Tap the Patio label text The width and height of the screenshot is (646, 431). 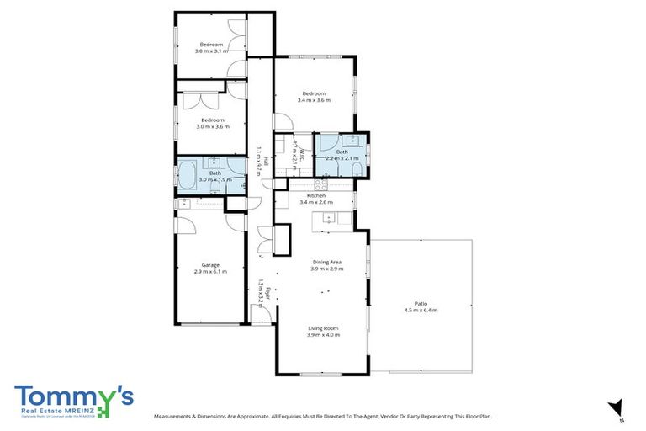421,304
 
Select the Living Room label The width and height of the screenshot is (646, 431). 322,328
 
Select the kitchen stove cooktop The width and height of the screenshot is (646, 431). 320,185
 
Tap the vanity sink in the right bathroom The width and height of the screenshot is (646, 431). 354,140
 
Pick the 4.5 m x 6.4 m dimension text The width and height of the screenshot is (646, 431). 421,311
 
